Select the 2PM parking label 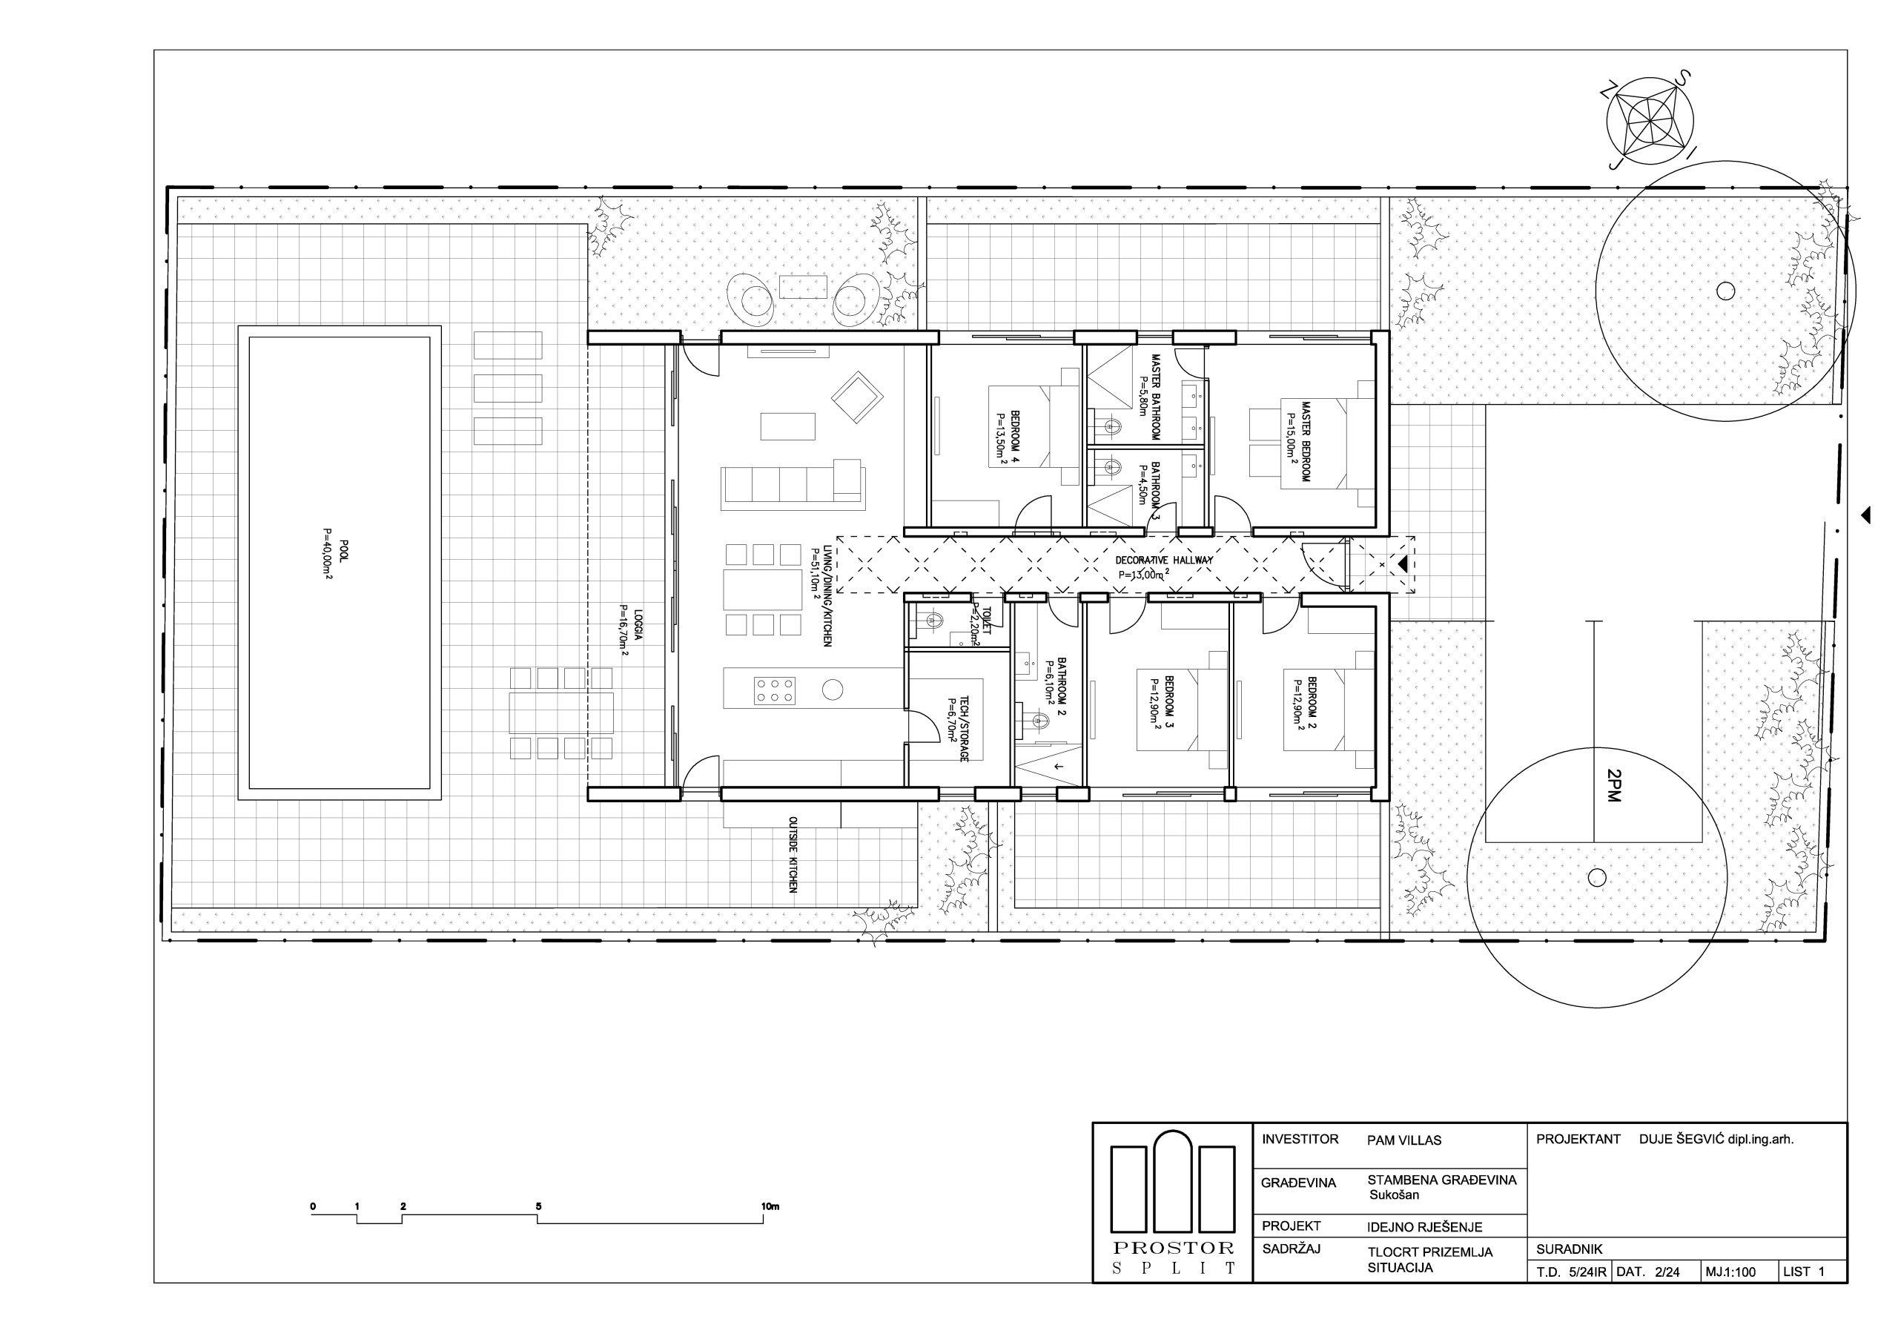(x=1613, y=784)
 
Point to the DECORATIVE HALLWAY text (x=1163, y=560)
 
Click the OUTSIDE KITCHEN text (x=793, y=855)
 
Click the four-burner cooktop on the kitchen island (x=775, y=690)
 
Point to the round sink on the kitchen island (x=833, y=689)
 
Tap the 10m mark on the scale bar (x=770, y=1206)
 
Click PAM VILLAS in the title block (x=1403, y=1140)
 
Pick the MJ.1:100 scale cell (x=1730, y=1272)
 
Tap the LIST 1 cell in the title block (x=1803, y=1272)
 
